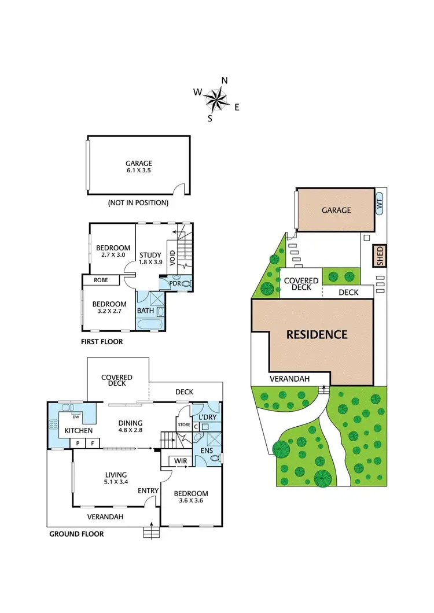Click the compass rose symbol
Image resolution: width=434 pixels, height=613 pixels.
click(217, 99)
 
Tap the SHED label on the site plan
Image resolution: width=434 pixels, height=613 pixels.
click(380, 256)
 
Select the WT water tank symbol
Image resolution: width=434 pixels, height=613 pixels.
click(380, 204)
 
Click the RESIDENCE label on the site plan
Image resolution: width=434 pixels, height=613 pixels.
click(317, 334)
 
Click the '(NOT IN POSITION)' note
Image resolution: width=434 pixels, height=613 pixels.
click(138, 203)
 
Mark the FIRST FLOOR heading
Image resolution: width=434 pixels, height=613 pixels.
click(102, 342)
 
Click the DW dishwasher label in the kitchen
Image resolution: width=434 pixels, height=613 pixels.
click(76, 416)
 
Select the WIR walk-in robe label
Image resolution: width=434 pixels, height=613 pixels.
click(180, 461)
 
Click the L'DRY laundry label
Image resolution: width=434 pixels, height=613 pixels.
click(207, 417)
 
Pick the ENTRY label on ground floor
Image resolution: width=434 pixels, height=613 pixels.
click(149, 491)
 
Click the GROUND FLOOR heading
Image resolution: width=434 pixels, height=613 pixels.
click(76, 534)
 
